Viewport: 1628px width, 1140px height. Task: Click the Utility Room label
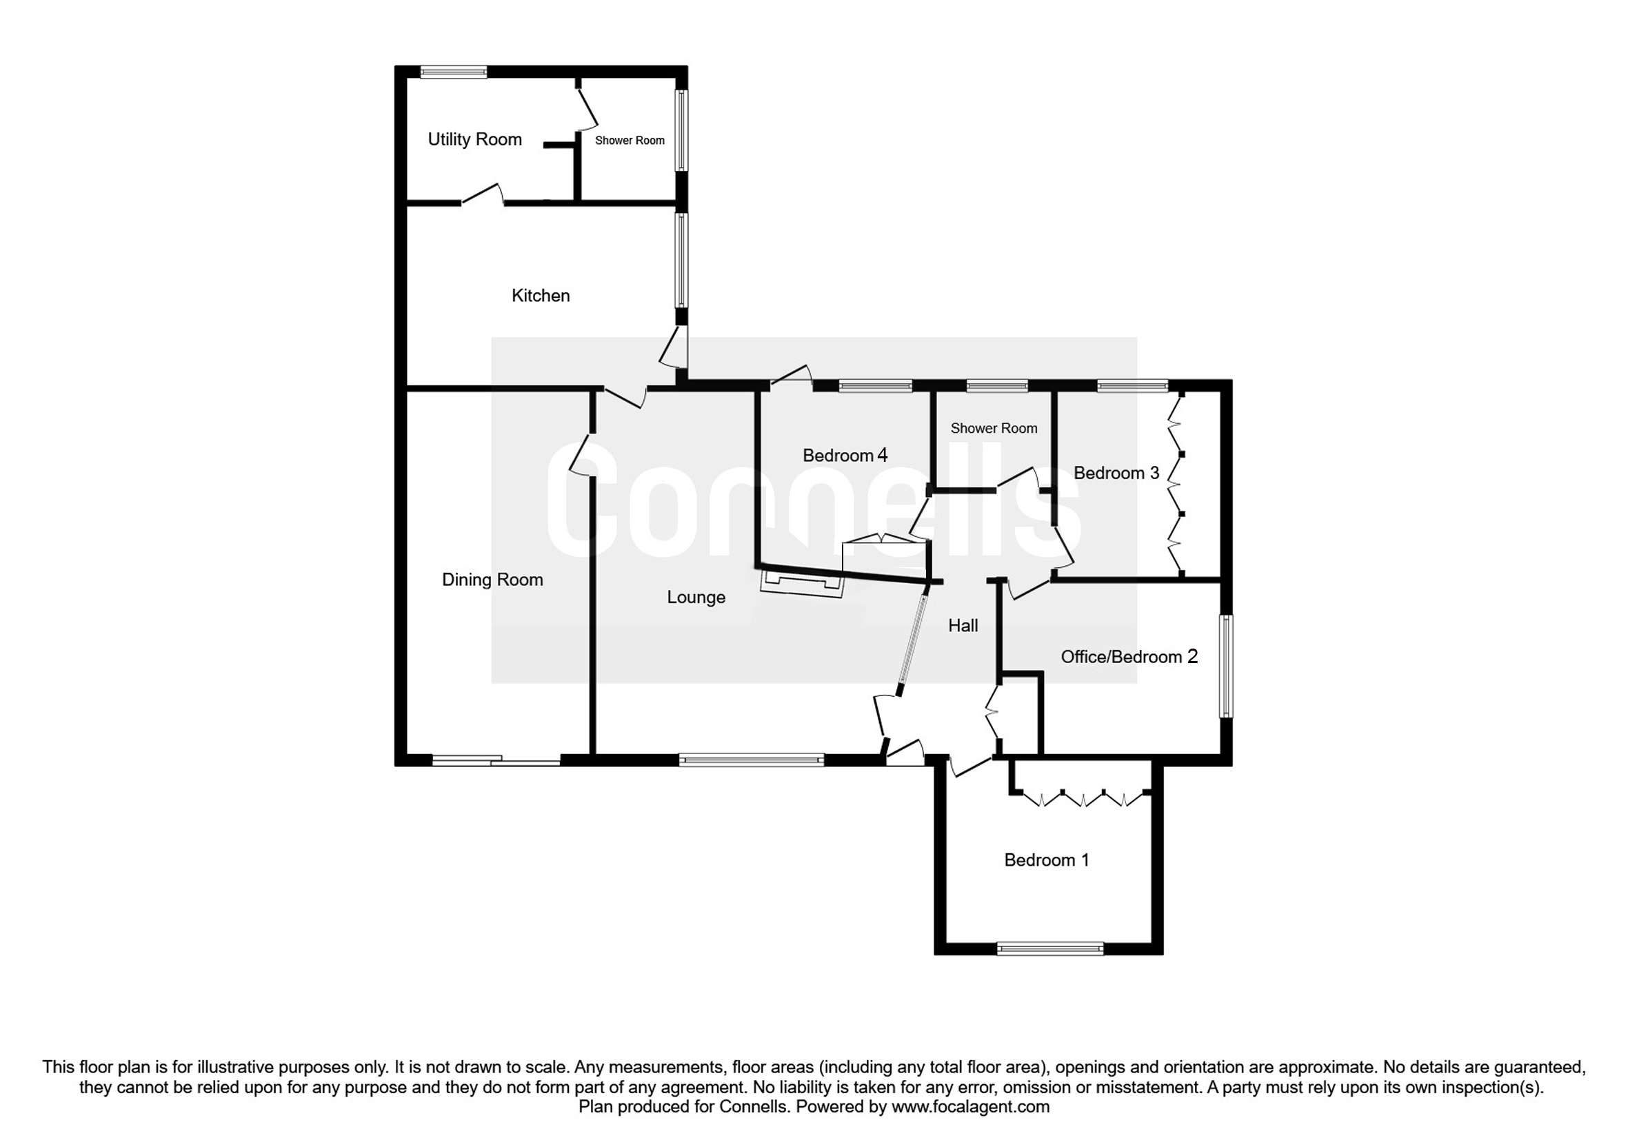tap(474, 140)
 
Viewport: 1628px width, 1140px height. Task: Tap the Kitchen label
tap(541, 296)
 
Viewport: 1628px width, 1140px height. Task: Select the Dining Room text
tap(493, 580)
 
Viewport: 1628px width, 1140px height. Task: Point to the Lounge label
tap(696, 598)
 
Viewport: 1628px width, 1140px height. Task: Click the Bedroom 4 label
tap(845, 455)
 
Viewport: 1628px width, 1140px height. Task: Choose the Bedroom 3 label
tap(1116, 473)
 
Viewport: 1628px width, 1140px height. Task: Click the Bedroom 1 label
tap(1047, 860)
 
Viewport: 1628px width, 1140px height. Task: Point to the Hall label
tap(963, 625)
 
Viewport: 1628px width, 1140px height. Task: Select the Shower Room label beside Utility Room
tap(630, 141)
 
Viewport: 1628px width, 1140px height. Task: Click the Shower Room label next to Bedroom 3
tap(994, 428)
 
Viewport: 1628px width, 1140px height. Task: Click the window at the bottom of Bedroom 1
tap(1050, 948)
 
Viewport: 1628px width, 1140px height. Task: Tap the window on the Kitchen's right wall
tap(681, 260)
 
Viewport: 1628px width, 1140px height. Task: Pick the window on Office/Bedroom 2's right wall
tap(1226, 666)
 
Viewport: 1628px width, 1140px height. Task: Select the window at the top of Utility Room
tap(453, 72)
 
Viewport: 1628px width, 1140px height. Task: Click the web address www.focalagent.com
tap(970, 1106)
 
